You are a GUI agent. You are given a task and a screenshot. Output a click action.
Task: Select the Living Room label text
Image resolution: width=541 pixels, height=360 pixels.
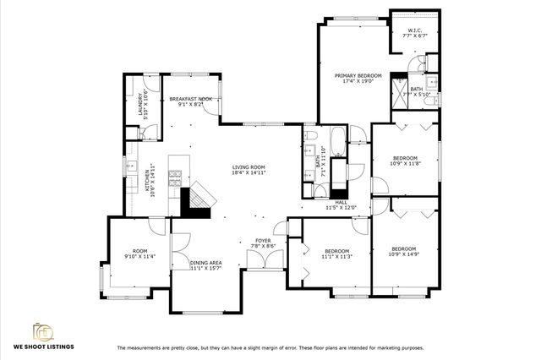click(249, 167)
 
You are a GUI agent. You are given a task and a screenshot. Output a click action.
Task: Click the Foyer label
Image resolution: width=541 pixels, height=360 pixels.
click(263, 241)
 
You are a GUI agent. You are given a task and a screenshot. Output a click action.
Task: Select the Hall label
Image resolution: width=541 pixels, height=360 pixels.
click(342, 202)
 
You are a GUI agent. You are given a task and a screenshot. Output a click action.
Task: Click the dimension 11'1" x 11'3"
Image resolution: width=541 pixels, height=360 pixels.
click(337, 256)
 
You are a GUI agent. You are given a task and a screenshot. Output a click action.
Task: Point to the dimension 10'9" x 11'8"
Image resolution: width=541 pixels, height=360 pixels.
click(405, 162)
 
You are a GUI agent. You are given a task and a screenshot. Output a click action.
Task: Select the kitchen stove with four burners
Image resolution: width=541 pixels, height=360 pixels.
click(177, 177)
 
